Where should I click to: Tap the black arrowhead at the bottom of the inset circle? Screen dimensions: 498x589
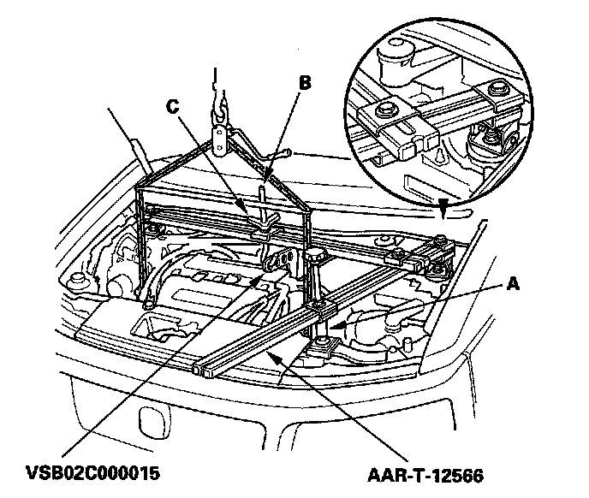pyautogui.click(x=442, y=206)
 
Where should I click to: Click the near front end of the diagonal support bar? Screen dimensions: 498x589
pyautogui.click(x=202, y=371)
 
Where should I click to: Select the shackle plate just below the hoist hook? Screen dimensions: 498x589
pyautogui.click(x=221, y=137)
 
